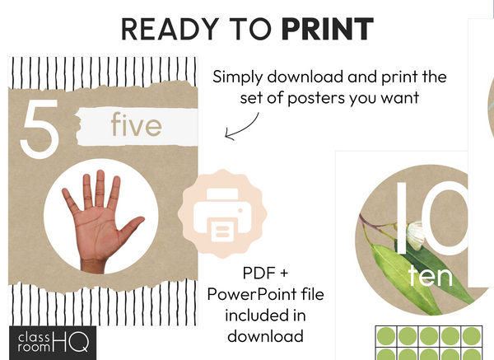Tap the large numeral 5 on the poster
coord(39,129)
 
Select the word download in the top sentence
coord(296,77)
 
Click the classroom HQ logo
coord(54,340)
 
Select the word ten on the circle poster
coord(431,275)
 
